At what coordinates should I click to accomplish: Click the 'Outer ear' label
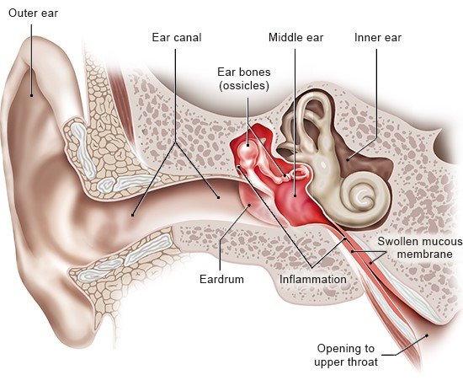coord(33,13)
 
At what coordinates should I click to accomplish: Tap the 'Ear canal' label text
coord(177,38)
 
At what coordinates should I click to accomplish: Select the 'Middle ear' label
coord(295,38)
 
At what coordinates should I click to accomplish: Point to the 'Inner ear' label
coord(378,38)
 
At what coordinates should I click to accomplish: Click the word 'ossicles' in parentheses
coord(244,86)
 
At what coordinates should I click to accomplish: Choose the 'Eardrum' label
coord(221,279)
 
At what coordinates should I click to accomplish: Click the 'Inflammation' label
coord(313,279)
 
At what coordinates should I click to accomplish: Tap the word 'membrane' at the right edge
coord(424,254)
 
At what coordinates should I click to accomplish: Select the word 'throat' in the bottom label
coord(363,362)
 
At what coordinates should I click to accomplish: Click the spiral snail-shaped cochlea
coord(363,195)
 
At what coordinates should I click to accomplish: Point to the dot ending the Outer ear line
coord(32,95)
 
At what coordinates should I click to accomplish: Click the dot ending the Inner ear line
coord(348,160)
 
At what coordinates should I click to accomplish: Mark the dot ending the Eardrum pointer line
coord(250,205)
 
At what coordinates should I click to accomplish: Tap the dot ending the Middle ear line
coord(295,195)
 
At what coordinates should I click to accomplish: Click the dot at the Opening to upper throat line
coord(427,335)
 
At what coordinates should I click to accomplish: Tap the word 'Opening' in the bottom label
coord(346,349)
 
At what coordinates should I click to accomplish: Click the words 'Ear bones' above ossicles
coord(244,72)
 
